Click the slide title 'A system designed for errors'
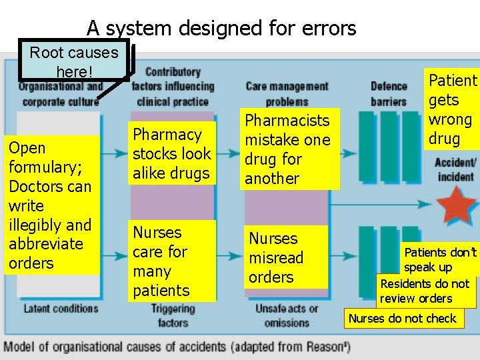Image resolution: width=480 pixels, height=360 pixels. click(x=221, y=28)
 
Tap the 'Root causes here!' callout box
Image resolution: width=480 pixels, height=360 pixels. click(x=74, y=61)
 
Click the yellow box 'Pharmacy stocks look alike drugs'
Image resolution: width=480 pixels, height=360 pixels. click(x=172, y=154)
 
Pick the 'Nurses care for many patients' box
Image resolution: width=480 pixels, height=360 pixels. click(x=172, y=261)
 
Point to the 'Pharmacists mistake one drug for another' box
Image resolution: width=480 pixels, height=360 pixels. click(x=287, y=149)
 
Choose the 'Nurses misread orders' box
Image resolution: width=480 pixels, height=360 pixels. click(x=287, y=257)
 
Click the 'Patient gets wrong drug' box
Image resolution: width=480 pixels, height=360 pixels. click(x=453, y=110)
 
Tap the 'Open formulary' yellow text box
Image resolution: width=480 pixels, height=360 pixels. click(x=51, y=205)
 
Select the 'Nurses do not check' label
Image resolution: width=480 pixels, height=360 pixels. click(x=402, y=318)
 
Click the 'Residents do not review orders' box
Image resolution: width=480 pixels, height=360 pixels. click(x=425, y=291)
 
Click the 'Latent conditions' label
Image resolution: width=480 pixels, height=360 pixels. click(x=61, y=309)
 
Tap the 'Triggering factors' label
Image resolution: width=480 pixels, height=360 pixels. click(x=173, y=315)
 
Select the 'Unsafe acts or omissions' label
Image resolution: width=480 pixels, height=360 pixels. click(x=287, y=315)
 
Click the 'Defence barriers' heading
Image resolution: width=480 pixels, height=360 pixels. click(x=388, y=93)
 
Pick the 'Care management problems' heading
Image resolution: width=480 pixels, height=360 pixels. click(x=287, y=93)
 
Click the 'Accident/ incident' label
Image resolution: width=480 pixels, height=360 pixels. click(x=455, y=169)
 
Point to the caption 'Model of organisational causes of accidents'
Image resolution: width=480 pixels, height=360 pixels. click(x=177, y=347)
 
